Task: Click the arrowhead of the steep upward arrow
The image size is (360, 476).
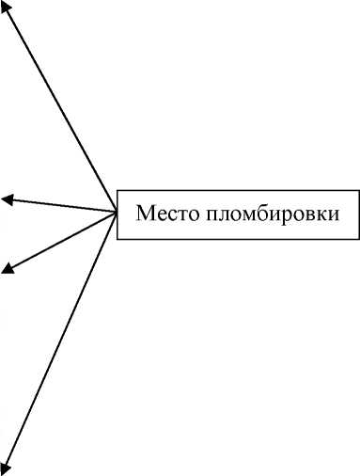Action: tap(7, 7)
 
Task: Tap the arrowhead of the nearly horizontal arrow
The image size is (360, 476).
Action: tap(8, 198)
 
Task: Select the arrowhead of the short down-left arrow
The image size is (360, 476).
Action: tap(8, 269)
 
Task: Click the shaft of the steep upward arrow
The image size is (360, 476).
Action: tap(61, 105)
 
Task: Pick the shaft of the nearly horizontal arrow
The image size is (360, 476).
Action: tap(61, 205)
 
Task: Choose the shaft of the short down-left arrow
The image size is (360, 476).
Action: tap(61, 241)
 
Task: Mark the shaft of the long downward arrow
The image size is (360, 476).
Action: tap(61, 341)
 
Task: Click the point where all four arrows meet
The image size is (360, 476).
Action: tap(116, 212)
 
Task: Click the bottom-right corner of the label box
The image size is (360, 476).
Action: tap(359, 239)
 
